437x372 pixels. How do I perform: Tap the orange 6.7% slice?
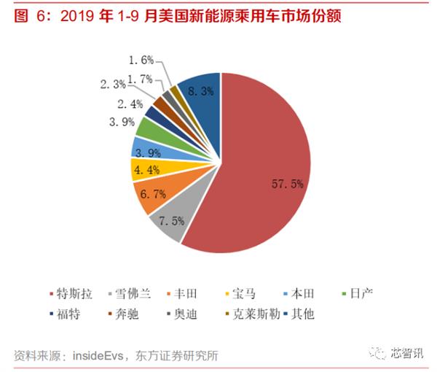tap(151, 195)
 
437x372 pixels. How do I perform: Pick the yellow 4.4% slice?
tap(142, 169)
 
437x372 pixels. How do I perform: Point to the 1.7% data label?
tap(140, 78)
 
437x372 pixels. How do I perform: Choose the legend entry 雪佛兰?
tap(132, 294)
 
